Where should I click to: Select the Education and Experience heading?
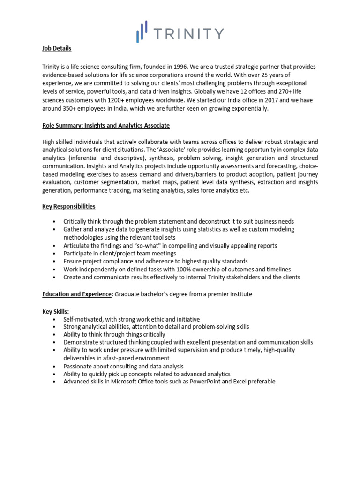[76, 294]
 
